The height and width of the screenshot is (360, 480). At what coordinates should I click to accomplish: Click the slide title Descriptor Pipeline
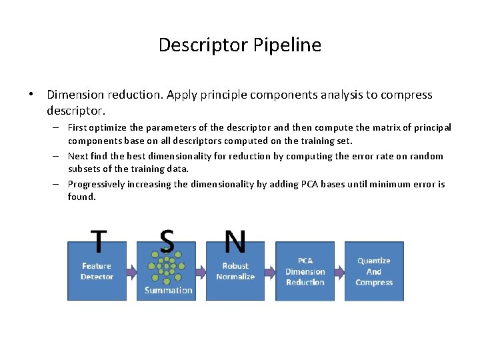pos(240,45)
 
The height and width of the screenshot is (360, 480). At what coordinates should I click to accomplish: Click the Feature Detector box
pos(97,271)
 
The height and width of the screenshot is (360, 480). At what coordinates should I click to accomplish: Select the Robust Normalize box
pos(235,271)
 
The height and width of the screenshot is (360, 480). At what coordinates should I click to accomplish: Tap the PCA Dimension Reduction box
pos(305,271)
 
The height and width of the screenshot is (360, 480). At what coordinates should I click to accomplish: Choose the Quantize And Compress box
pos(374,271)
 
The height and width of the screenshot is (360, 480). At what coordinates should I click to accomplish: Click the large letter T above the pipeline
pos(99,241)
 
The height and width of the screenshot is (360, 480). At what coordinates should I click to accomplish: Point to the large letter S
pos(167,241)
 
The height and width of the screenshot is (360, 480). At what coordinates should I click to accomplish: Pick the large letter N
pos(235,241)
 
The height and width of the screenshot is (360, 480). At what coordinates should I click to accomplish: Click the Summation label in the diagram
pos(168,290)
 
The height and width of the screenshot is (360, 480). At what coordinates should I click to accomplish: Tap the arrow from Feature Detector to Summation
pos(131,272)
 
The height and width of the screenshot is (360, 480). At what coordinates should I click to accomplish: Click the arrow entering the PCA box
pos(270,272)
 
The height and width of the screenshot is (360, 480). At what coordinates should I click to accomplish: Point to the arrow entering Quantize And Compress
pos(339,272)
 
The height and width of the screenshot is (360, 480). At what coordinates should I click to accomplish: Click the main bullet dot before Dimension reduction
pos(31,95)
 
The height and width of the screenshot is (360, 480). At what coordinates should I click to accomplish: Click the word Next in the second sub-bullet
pos(78,156)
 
